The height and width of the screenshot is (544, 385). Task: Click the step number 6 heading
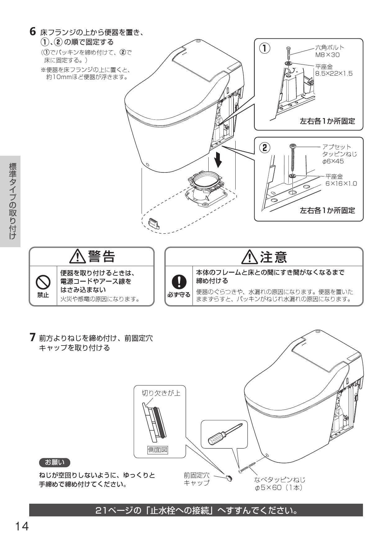point(32,32)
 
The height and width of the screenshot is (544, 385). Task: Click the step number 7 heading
point(32,337)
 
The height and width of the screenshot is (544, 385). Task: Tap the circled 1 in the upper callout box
point(265,48)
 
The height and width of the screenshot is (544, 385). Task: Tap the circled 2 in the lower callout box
point(265,147)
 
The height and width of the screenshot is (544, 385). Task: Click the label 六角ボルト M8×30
point(329,51)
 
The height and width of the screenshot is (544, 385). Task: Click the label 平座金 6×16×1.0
point(341,180)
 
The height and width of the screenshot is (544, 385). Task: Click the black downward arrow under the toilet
point(219,159)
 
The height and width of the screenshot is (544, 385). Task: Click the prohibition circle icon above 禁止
point(43,282)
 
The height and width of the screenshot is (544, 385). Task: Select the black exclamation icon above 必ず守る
point(179,282)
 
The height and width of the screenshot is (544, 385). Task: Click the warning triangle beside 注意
point(249,257)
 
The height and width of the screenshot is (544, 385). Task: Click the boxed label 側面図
point(158,449)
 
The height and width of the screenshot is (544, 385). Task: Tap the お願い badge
point(55,462)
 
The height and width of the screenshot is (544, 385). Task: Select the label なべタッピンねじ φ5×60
point(279,484)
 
